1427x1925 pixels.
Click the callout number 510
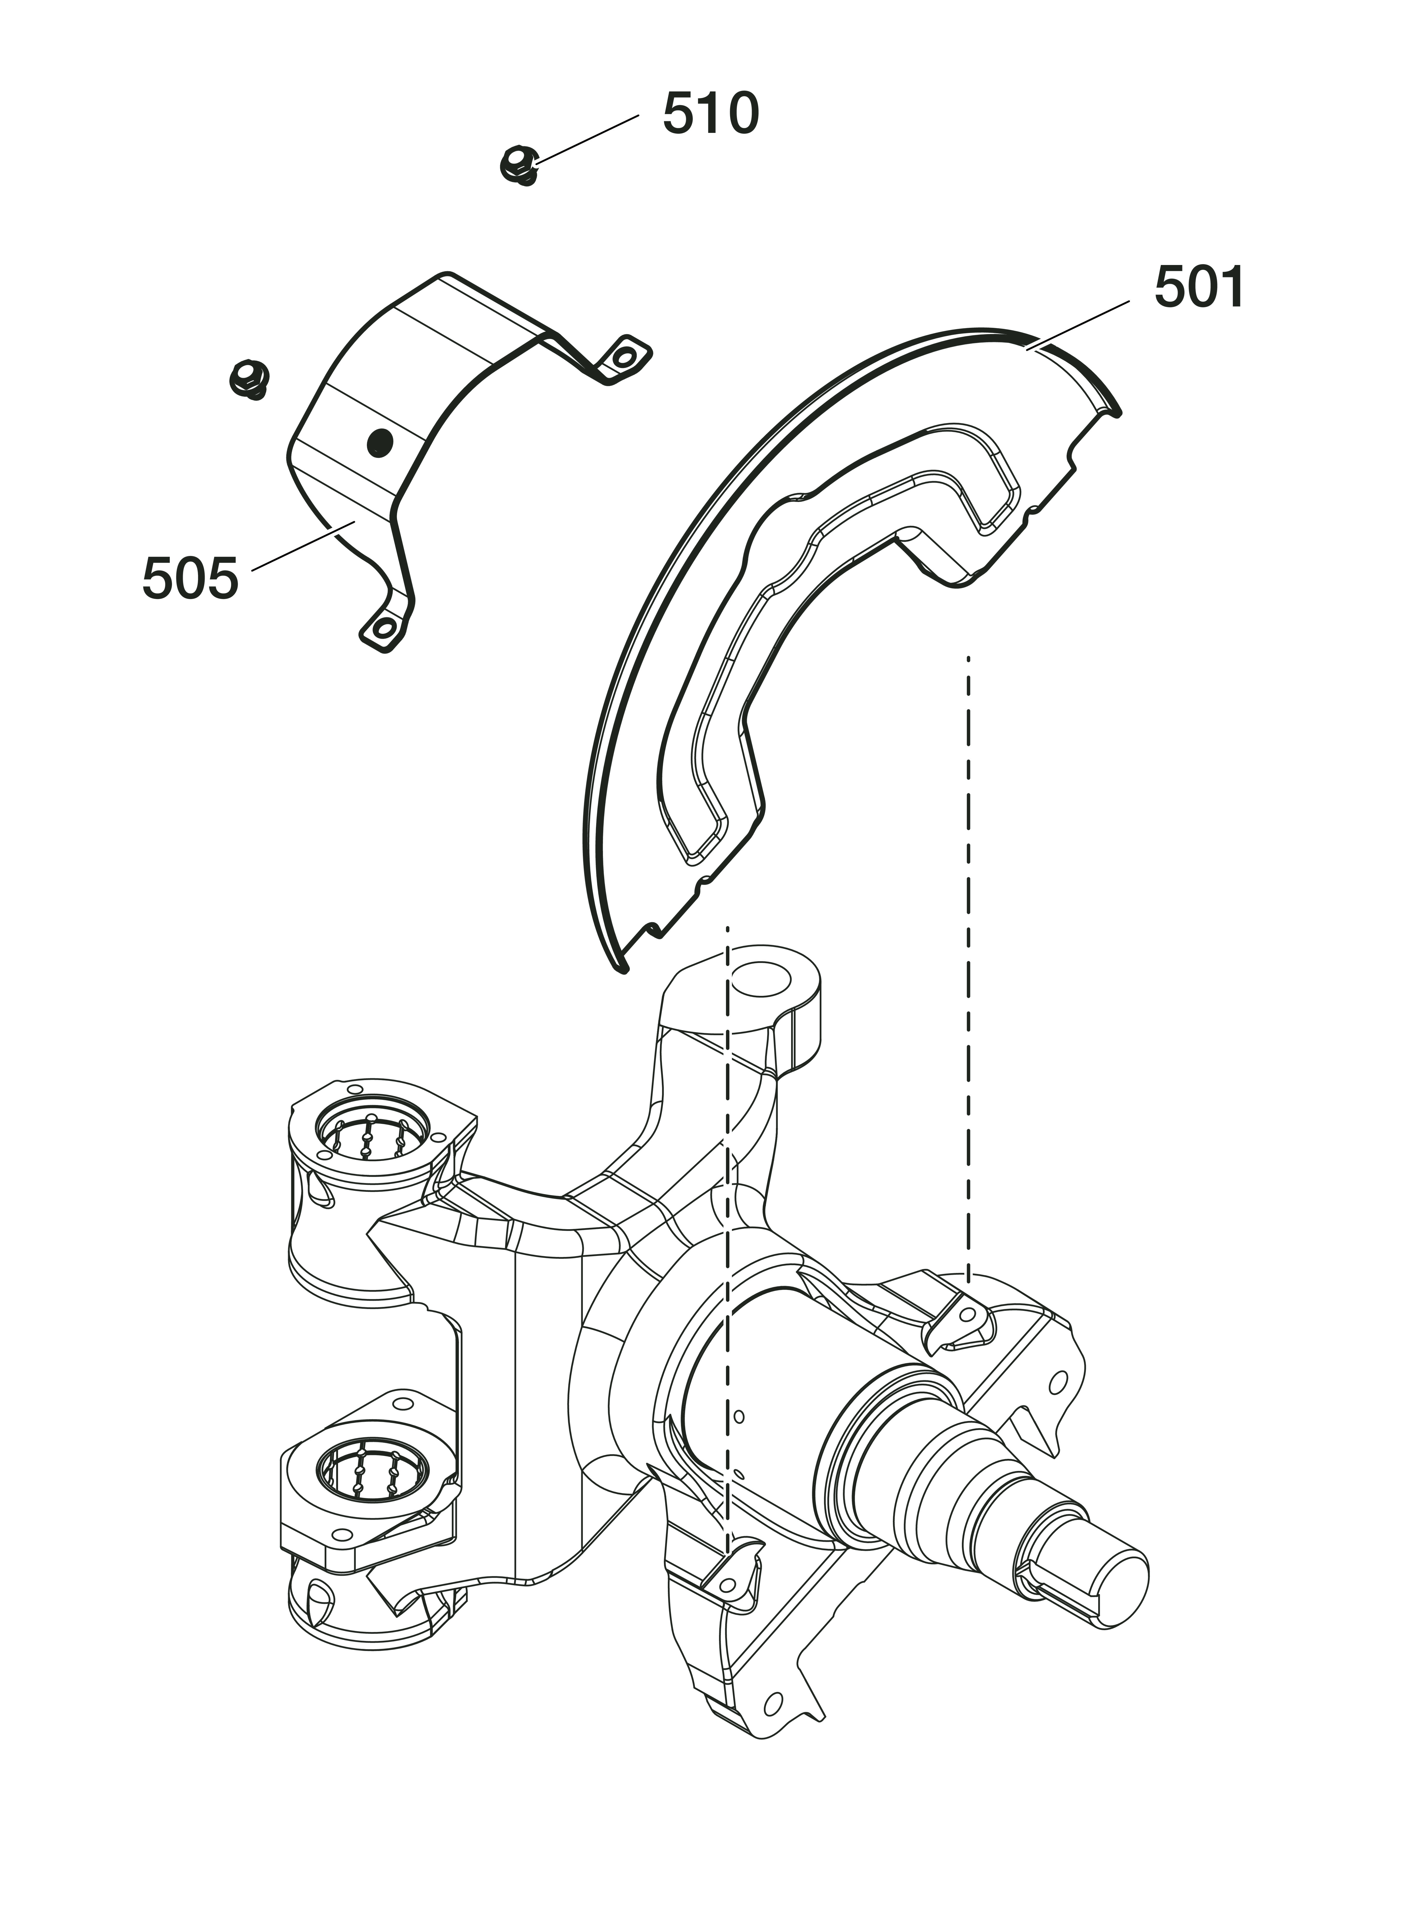tap(710, 114)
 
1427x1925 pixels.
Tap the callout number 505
tap(190, 579)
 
